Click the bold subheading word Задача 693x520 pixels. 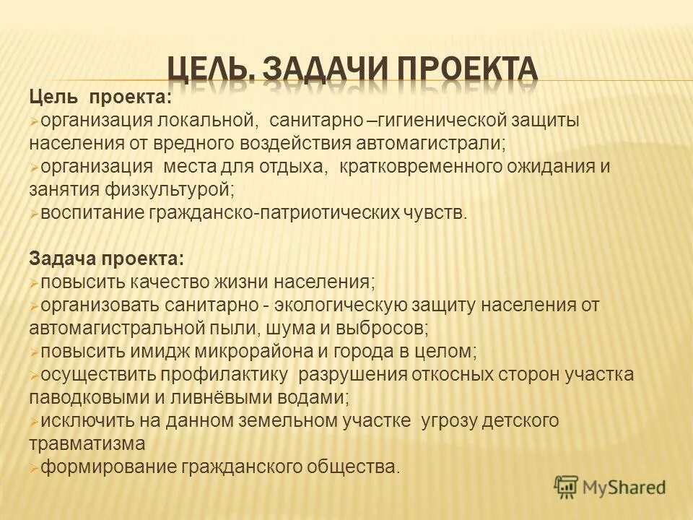63,259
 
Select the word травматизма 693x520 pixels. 87,443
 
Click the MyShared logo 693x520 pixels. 609,487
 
